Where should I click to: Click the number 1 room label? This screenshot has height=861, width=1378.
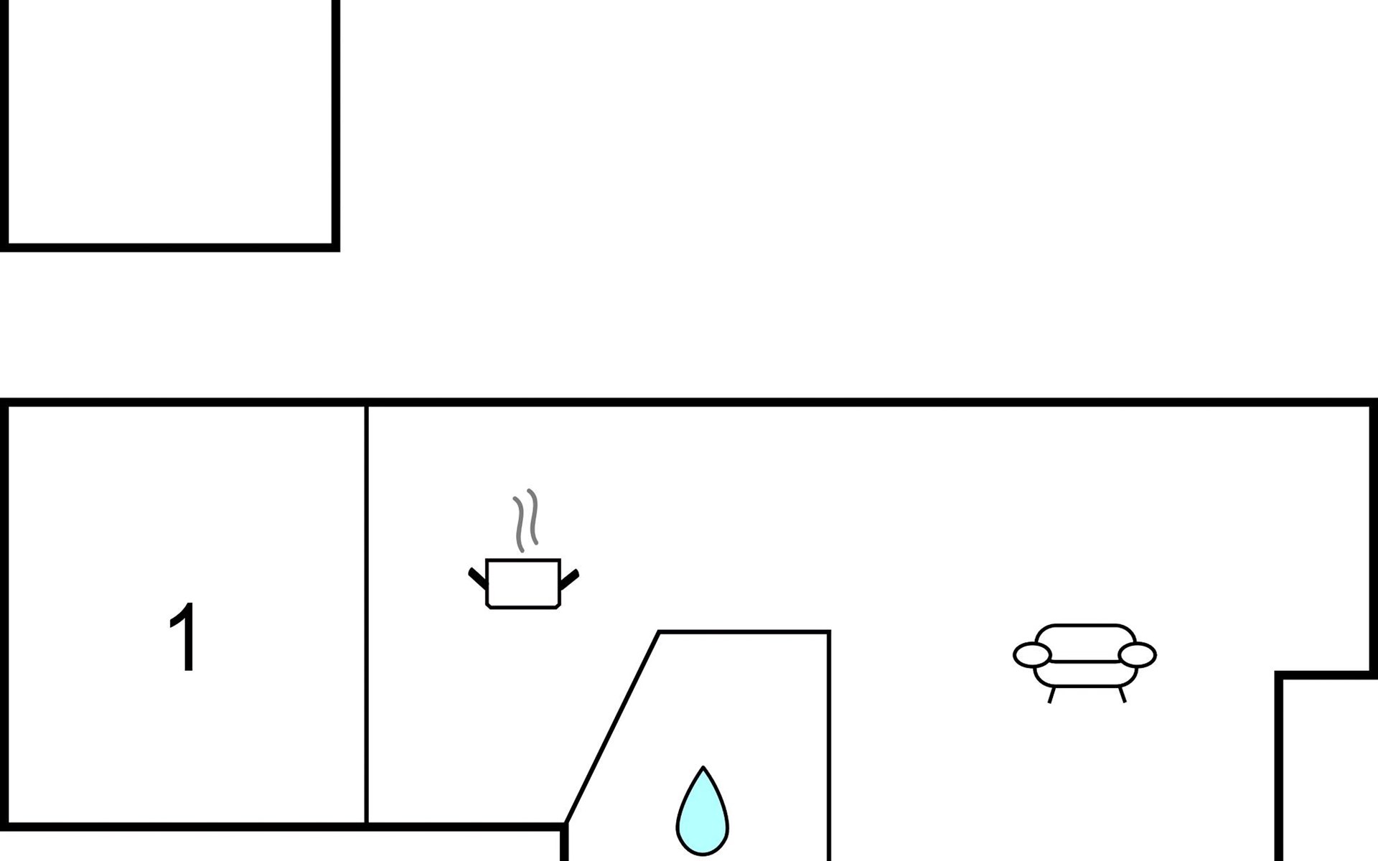pyautogui.click(x=184, y=637)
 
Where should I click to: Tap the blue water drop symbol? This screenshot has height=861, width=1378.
pyautogui.click(x=703, y=811)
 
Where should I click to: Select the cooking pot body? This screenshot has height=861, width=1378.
pyautogui.click(x=523, y=583)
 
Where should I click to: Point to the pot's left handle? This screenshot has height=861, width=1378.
pyautogui.click(x=478, y=578)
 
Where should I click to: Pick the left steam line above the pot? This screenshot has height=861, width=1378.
pyautogui.click(x=519, y=524)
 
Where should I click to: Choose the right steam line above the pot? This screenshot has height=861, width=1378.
pyautogui.click(x=533, y=517)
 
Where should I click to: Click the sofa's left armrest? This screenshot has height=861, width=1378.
pyautogui.click(x=1032, y=655)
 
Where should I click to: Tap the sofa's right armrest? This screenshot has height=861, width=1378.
pyautogui.click(x=1138, y=655)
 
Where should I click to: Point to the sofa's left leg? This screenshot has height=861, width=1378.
pyautogui.click(x=1051, y=695)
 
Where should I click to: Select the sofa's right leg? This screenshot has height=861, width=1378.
pyautogui.click(x=1122, y=695)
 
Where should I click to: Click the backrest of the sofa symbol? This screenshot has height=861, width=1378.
pyautogui.click(x=1085, y=643)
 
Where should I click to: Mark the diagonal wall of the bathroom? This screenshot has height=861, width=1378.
pyautogui.click(x=612, y=728)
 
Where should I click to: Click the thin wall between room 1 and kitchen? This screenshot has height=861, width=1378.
pyautogui.click(x=367, y=615)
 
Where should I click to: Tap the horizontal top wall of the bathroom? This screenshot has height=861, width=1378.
pyautogui.click(x=744, y=632)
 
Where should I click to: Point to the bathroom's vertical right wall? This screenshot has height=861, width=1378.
pyautogui.click(x=829, y=746)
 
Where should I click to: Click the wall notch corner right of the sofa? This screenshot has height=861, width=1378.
pyautogui.click(x=1279, y=675)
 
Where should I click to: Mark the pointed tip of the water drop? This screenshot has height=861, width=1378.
pyautogui.click(x=703, y=767)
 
